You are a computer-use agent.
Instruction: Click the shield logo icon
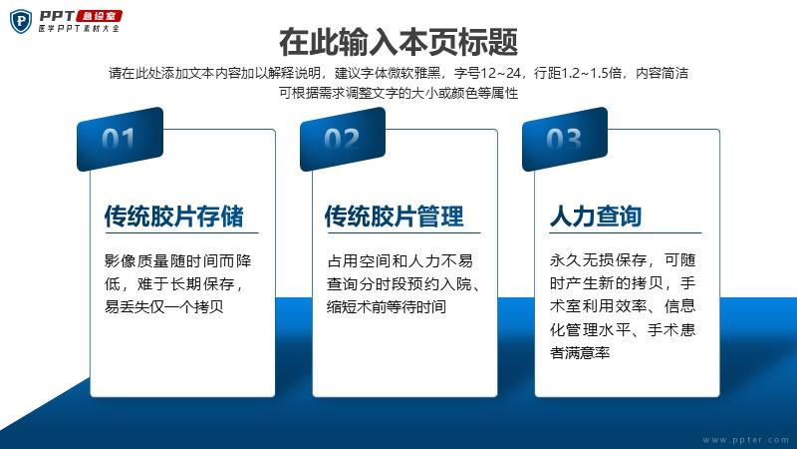coord(21,21)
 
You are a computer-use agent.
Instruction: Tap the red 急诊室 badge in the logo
coord(99,16)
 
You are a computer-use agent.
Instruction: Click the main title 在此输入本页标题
coord(398,42)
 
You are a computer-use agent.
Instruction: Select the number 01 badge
coord(120,139)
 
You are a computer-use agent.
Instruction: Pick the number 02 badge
coord(343,139)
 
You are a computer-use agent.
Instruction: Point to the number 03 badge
coord(565,139)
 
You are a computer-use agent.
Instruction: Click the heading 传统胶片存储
coord(173,216)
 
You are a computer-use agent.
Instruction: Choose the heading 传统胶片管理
coord(395,216)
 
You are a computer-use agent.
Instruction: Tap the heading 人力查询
coord(596,216)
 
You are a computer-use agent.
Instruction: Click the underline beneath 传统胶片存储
coord(181,233)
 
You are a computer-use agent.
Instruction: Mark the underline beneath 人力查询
coord(626,233)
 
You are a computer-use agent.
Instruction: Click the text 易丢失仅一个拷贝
coord(163,306)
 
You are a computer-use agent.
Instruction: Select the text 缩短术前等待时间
coord(387,306)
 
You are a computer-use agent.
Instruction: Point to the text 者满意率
coord(580,352)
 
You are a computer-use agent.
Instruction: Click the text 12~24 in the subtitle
coord(501,73)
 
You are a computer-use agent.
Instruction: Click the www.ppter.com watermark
coord(745,440)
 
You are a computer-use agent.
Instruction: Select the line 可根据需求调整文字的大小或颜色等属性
coord(398,93)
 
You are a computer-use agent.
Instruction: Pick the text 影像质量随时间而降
coord(178,260)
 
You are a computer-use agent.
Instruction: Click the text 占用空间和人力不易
coord(400,260)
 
